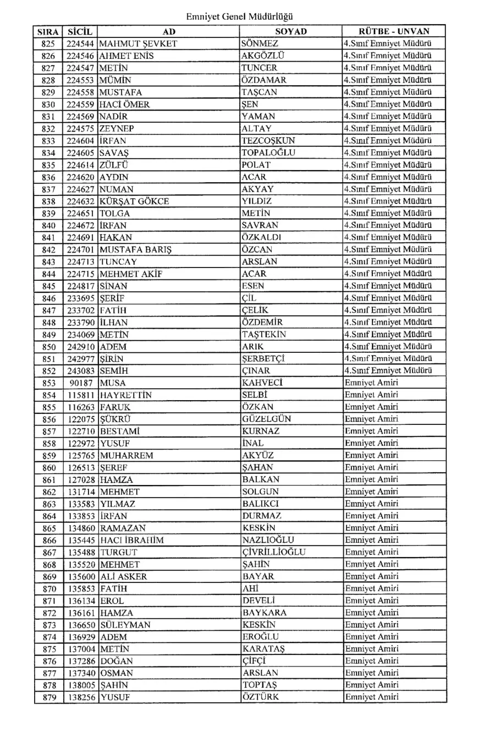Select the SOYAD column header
pyautogui.click(x=291, y=32)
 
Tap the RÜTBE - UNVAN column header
pyautogui.click(x=394, y=32)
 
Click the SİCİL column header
pyautogui.click(x=80, y=32)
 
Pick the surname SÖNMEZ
pyautogui.click(x=260, y=44)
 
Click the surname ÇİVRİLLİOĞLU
pyautogui.click(x=274, y=552)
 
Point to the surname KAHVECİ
pyautogui.click(x=263, y=383)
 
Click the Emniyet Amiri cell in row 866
pyautogui.click(x=371, y=540)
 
